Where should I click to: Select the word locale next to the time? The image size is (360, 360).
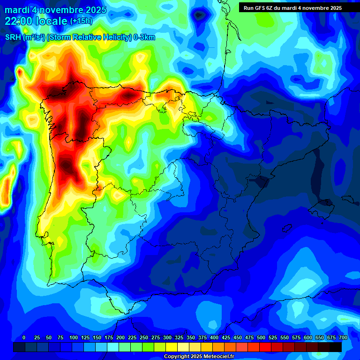(x=51, y=21)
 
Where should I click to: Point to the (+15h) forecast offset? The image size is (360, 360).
(x=82, y=21)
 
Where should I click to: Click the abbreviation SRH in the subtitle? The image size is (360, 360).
(x=13, y=37)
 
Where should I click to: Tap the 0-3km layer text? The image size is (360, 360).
(x=144, y=37)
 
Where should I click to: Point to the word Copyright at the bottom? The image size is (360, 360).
(x=178, y=357)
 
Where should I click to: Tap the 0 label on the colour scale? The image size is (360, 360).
(x=24, y=338)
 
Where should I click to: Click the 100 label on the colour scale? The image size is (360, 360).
(x=74, y=338)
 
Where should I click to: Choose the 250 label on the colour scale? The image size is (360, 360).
(x=144, y=338)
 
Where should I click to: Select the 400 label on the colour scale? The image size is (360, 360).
(x=214, y=338)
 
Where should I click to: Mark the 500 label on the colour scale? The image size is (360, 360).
(x=261, y=338)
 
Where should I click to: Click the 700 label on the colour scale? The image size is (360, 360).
(x=343, y=338)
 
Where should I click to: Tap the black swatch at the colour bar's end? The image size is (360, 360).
(x=336, y=347)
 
